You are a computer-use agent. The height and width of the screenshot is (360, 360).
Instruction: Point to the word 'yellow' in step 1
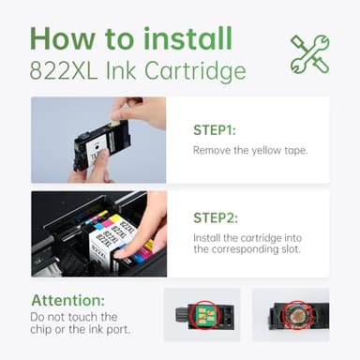(262, 150)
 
